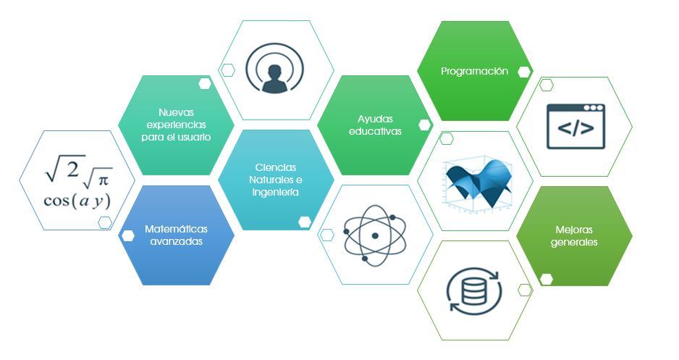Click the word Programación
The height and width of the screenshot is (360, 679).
(475, 71)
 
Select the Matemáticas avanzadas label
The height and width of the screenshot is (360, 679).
(177, 235)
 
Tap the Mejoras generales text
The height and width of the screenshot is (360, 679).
(574, 236)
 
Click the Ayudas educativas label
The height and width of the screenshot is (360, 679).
(375, 125)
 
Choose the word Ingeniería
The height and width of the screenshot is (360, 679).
(276, 193)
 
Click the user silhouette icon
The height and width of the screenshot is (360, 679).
(275, 70)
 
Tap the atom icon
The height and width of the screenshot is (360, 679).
(374, 234)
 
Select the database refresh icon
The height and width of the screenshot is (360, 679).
(474, 290)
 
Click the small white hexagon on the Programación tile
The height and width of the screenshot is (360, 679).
(524, 72)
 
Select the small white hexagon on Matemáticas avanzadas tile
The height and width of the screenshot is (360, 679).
(129, 235)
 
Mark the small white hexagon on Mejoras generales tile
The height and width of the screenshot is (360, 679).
(547, 279)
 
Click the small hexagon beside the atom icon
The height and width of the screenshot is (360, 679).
(327, 234)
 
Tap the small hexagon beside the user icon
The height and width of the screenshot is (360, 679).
(228, 70)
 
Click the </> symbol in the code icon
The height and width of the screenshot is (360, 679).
(575, 130)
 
